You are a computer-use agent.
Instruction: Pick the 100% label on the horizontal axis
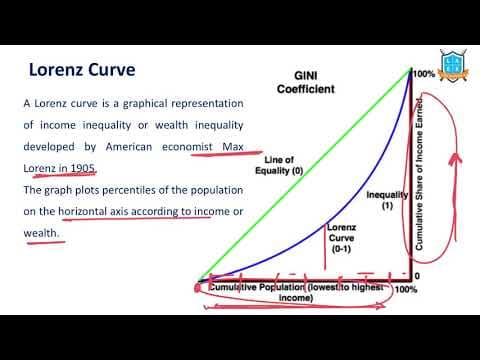click(406, 290)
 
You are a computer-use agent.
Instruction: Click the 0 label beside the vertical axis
click(417, 276)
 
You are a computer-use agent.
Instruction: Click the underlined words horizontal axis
click(99, 210)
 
